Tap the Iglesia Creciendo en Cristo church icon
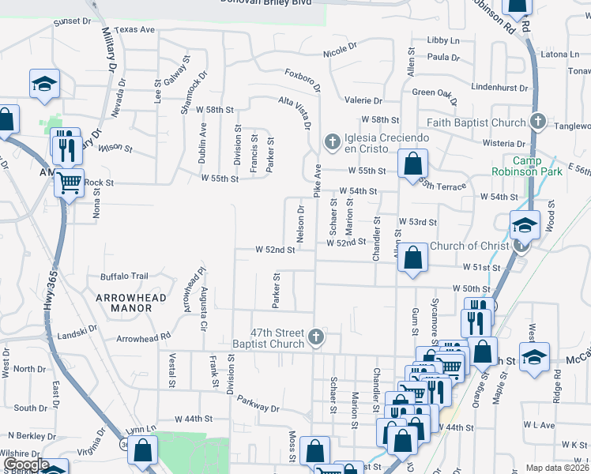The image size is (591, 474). (x=333, y=142)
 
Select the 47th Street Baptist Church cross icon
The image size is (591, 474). (x=316, y=337)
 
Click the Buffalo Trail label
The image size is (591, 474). (x=124, y=276)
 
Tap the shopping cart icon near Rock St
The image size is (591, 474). (x=70, y=183)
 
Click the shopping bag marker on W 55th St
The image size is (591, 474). (x=412, y=165)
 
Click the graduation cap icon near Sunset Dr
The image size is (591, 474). (x=45, y=83)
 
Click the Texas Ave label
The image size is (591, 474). (x=134, y=29)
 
